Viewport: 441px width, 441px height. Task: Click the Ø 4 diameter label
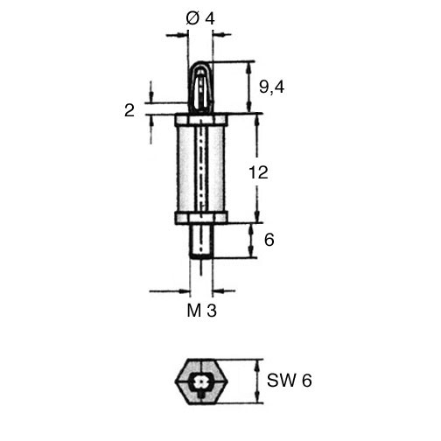coord(200,19)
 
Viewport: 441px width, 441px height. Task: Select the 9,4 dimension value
coord(271,87)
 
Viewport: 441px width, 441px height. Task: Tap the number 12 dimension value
coord(258,172)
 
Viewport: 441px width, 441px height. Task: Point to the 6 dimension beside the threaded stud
coord(269,240)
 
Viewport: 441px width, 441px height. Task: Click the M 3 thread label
coord(201,311)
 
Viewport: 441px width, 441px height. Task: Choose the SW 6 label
coord(290,381)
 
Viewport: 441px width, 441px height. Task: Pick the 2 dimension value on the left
coord(129,111)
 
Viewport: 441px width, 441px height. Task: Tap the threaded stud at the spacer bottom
coord(201,241)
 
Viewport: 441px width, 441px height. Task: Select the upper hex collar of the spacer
coord(201,120)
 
